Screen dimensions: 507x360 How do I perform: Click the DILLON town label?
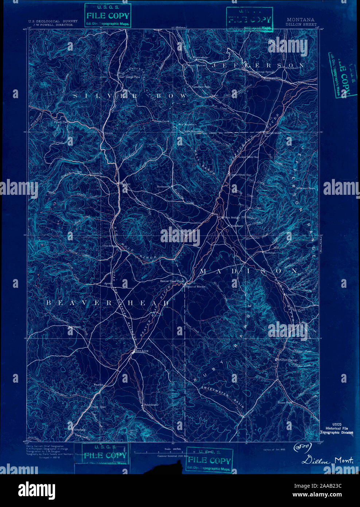pos(142,351)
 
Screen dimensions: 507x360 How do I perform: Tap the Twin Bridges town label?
pos(232,217)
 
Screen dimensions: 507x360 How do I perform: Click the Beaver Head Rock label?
pos(172,281)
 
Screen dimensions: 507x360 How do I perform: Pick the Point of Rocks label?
pos(195,287)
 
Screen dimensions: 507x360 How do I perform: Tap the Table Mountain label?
pos(193,131)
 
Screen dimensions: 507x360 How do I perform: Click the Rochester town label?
pos(163,186)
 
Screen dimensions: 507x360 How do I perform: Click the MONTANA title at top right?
pos(301,20)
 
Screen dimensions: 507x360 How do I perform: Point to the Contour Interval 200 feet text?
pos(173,456)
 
